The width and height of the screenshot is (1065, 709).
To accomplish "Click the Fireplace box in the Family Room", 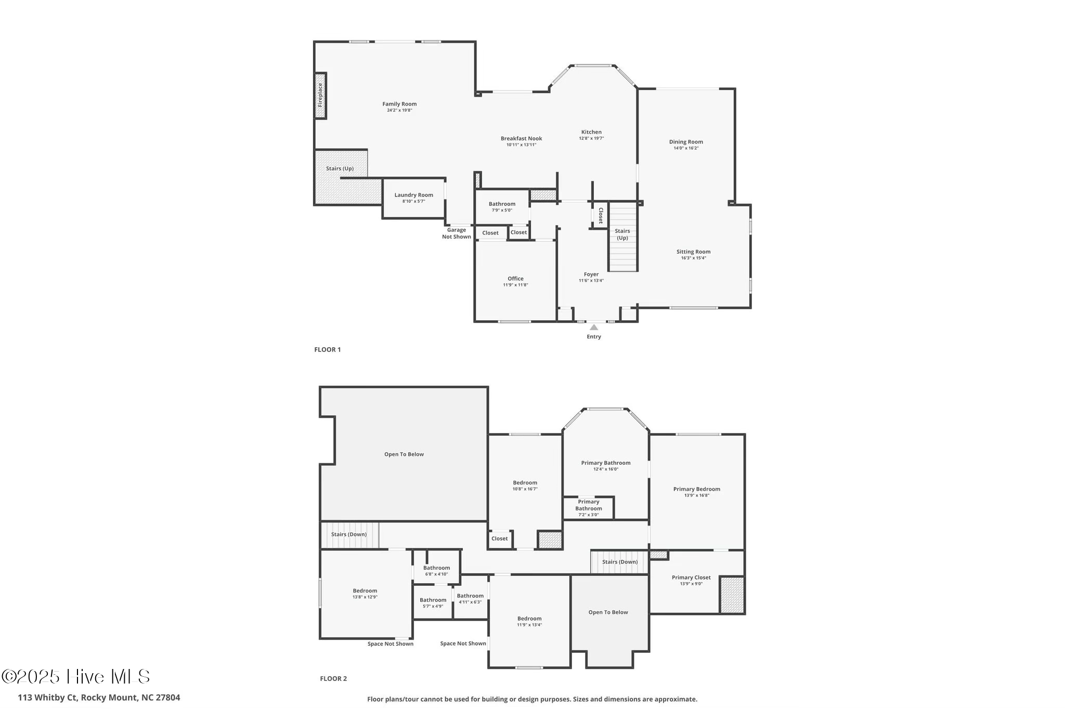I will (x=320, y=96).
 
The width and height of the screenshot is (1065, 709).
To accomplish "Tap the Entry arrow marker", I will (x=594, y=327).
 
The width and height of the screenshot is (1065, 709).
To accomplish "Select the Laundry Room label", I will (x=413, y=195).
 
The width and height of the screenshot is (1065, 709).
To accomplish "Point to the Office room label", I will (x=515, y=279).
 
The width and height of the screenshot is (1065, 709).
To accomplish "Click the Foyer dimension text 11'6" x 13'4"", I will (x=591, y=281).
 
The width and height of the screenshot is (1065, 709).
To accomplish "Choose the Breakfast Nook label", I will (x=521, y=138).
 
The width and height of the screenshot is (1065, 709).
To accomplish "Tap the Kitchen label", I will (x=591, y=132).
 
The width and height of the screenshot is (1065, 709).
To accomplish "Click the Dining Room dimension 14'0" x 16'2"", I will (x=686, y=148).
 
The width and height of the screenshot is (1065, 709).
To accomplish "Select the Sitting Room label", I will (x=693, y=252).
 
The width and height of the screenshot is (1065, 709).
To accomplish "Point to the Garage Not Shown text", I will (x=457, y=233).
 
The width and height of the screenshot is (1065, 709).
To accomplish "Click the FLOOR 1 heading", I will (x=327, y=350).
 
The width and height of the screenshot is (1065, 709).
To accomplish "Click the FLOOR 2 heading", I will (x=333, y=678).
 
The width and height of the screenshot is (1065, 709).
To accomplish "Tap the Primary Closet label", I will (x=691, y=577).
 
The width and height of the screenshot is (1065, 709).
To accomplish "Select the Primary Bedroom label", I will (x=696, y=489).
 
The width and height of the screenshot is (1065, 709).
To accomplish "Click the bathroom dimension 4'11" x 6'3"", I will (x=470, y=602).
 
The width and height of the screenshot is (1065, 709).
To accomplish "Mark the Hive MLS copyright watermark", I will (x=76, y=676).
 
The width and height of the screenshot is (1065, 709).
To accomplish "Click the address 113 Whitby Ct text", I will (x=99, y=698).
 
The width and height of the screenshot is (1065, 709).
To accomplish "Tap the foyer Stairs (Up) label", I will (x=622, y=234).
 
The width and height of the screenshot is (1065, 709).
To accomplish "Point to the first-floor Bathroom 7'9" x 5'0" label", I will (x=502, y=204).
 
